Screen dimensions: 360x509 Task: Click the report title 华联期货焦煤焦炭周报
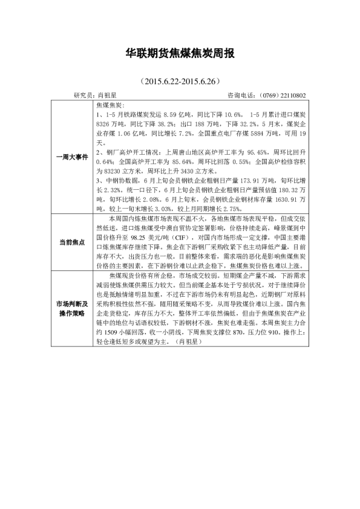tap(179, 53)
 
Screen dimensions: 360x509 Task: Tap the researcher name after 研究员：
tap(108, 96)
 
